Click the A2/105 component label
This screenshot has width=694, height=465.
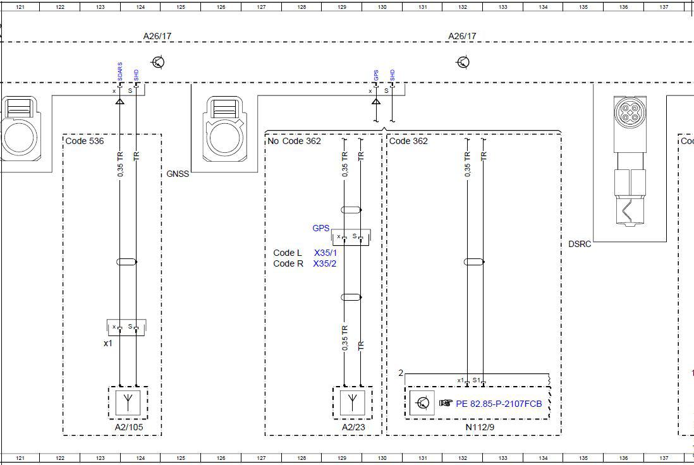pyautogui.click(x=129, y=427)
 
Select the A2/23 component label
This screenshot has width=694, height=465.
pyautogui.click(x=353, y=427)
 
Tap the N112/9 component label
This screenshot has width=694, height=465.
pyautogui.click(x=480, y=427)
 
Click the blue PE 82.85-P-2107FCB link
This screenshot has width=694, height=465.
pyautogui.click(x=499, y=404)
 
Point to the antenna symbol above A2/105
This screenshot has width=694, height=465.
pyautogui.click(x=128, y=402)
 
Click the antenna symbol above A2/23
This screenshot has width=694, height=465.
pyautogui.click(x=352, y=402)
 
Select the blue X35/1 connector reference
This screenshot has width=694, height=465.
pyautogui.click(x=326, y=253)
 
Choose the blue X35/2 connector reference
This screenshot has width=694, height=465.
pyautogui.click(x=325, y=263)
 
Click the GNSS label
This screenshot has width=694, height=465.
pyautogui.click(x=178, y=174)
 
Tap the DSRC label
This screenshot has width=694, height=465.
pyautogui.click(x=580, y=245)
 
